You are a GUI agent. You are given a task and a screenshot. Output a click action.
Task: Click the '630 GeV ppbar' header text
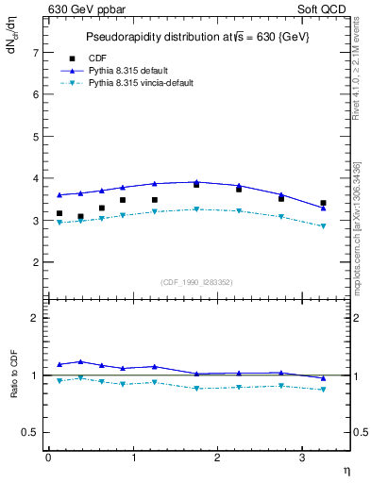pos(83,10)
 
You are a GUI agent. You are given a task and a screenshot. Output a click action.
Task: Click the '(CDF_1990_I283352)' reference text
pos(195,282)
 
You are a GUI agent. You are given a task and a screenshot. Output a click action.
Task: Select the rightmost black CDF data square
pos(323,203)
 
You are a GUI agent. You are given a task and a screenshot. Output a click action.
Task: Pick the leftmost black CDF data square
pos(59,213)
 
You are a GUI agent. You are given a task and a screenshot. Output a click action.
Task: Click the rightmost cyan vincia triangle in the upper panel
pos(323,226)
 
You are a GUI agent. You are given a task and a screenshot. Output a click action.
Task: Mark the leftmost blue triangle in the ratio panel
pos(59,364)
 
